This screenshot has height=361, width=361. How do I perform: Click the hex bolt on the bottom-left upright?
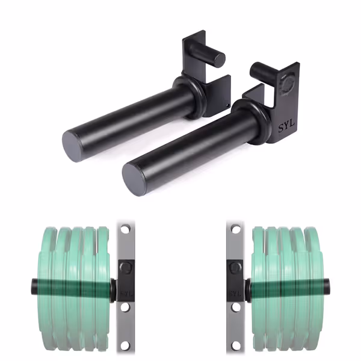pyautogui.click(x=125, y=267)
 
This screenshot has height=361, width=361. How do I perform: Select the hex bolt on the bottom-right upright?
pyautogui.click(x=235, y=267)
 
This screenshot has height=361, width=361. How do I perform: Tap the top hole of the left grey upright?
pyautogui.click(x=125, y=229)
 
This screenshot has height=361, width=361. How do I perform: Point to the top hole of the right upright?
pyautogui.click(x=235, y=229)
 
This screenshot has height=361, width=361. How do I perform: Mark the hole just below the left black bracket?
pyautogui.click(x=125, y=307)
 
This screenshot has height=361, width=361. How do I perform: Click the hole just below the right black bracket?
pyautogui.click(x=235, y=307)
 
